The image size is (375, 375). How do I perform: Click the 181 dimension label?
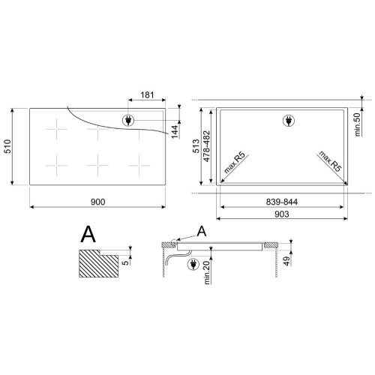coord(147,95)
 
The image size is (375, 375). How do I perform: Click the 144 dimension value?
coord(175,132)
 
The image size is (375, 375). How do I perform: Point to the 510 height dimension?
coord(7,146)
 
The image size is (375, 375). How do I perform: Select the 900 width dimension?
coord(98,202)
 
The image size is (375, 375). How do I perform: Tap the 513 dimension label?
coord(196,146)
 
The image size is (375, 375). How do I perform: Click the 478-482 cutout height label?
coord(206,146)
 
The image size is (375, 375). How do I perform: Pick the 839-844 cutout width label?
coord(282,202)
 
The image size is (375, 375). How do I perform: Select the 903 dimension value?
coord(282,214)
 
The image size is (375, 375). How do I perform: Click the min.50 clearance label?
coord(358,124)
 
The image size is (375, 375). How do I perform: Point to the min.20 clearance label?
coord(207,272)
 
